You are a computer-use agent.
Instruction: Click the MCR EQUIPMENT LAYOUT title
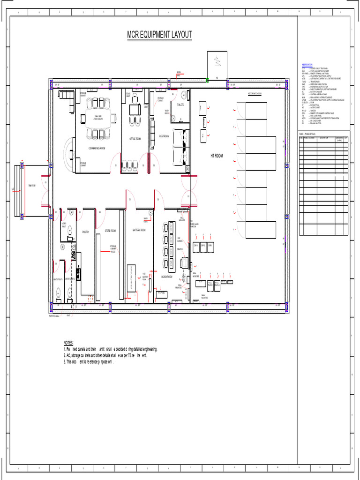pyautogui.click(x=159, y=35)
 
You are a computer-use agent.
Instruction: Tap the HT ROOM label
pyautogui.click(x=216, y=155)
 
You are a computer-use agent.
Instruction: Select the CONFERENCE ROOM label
pyautogui.click(x=97, y=148)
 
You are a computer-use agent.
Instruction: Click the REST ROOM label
pyautogui.click(x=164, y=136)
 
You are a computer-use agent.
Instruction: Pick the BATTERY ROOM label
pyautogui.click(x=139, y=230)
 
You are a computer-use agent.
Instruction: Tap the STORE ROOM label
pyautogui.click(x=110, y=231)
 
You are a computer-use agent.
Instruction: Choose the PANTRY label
pyautogui.click(x=85, y=232)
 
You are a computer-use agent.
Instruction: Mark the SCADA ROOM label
pyautogui.click(x=167, y=277)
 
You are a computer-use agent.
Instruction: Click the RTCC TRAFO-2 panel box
pyautogui.click(x=217, y=284)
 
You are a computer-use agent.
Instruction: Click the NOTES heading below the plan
pyautogui.click(x=68, y=343)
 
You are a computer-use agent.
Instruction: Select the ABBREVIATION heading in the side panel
pyautogui.click(x=307, y=64)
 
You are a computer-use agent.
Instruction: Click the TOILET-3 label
pyautogui.click(x=180, y=105)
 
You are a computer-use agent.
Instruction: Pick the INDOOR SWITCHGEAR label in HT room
pyautogui.click(x=255, y=93)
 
